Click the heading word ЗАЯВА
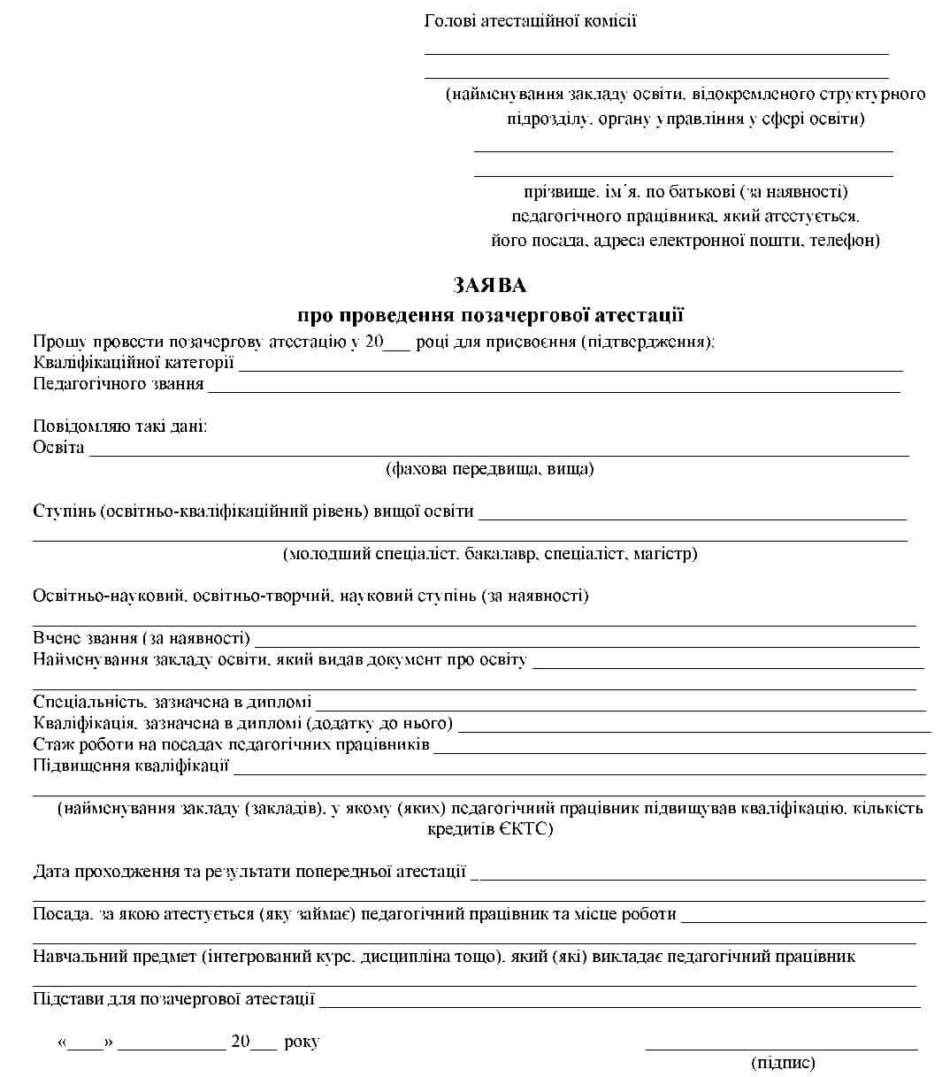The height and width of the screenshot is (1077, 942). click(x=489, y=285)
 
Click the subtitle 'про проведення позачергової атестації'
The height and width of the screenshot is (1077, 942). click(x=490, y=315)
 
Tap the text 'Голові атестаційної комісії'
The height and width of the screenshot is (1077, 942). click(x=530, y=21)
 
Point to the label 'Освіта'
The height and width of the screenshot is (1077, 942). click(x=58, y=447)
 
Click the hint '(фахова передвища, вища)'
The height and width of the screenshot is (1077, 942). click(x=489, y=469)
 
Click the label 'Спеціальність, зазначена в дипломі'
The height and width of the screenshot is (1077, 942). click(x=172, y=702)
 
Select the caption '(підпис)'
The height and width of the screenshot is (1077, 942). click(x=782, y=1063)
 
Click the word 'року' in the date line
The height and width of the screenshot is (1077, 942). click(x=302, y=1042)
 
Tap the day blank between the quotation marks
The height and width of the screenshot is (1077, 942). click(x=86, y=1046)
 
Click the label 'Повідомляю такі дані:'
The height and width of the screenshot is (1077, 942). click(x=120, y=427)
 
